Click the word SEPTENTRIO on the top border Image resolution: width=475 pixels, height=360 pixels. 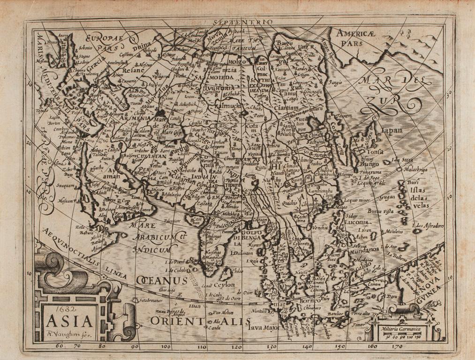pyautogui.click(x=241, y=22)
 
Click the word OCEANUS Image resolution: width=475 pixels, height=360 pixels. pyautogui.click(x=162, y=280)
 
